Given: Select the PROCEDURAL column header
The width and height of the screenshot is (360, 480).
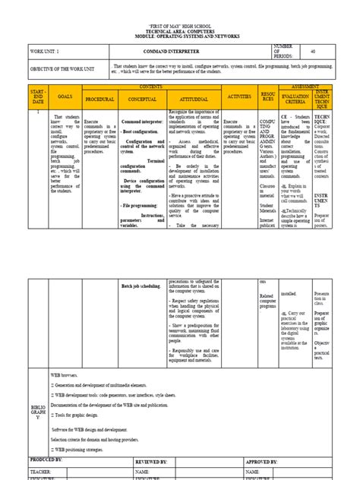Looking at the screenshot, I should point(99,99).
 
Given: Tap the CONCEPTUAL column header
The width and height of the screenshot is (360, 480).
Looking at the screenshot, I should point(142,99).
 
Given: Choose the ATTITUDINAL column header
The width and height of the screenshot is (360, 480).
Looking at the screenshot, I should point(193,99).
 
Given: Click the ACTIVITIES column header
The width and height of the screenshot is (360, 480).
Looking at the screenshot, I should point(239,97).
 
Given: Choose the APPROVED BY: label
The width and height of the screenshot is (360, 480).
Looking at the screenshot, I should point(262,461).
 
